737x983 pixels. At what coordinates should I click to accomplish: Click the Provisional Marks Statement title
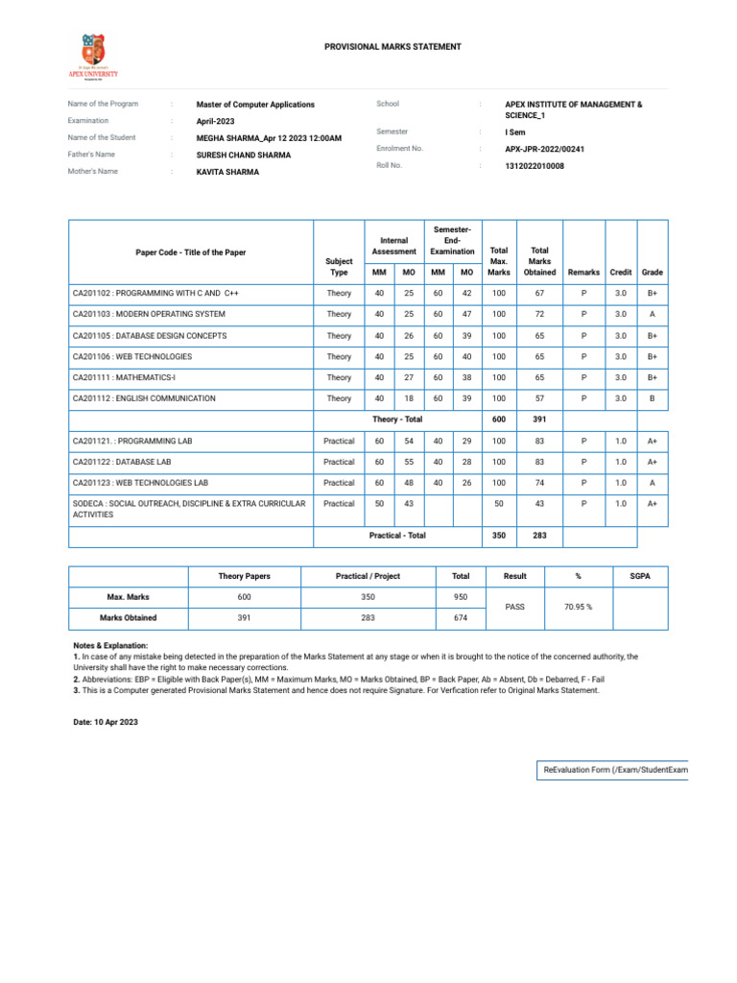coord(379,46)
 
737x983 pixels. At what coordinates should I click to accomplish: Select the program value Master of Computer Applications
coord(255,104)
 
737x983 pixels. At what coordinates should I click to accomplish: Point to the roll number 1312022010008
coord(535,166)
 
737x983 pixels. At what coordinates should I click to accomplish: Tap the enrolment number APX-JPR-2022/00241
coord(544,150)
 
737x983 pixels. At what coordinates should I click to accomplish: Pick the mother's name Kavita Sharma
coord(227,172)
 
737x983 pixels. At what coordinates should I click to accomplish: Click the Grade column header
coord(653,273)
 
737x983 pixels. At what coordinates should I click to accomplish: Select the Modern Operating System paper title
coord(149,314)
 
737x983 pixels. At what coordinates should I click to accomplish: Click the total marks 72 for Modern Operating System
coord(539,314)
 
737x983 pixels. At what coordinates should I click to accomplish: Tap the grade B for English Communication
coord(653,398)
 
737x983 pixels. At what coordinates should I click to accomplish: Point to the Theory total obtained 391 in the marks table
coord(539,420)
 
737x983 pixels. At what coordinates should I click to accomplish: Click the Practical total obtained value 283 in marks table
coord(539,535)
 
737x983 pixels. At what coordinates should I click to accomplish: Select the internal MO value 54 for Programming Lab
coord(409,441)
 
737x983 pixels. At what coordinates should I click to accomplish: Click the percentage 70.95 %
coord(578,607)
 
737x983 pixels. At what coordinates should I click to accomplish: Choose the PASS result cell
coord(515,607)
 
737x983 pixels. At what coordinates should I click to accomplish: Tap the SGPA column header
coord(640,576)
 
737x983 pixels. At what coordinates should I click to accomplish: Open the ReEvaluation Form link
coord(615,770)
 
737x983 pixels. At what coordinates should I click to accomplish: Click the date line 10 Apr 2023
coord(106,721)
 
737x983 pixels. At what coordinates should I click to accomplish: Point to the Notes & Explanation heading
coord(110,646)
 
